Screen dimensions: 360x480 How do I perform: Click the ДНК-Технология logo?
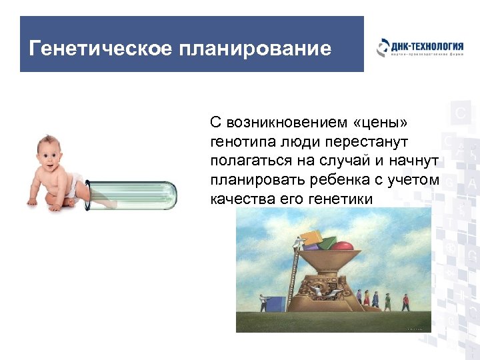tap(419, 49)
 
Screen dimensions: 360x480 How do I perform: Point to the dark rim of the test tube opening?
tap(90, 195)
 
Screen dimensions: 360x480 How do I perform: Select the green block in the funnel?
tap(328, 243)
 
